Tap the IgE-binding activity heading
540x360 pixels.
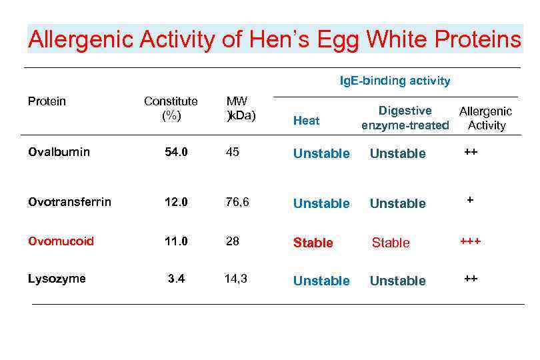[395, 81]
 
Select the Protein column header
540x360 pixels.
[47, 101]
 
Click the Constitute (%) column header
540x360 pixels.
[171, 108]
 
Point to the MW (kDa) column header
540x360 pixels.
[240, 108]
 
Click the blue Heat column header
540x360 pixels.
[307, 121]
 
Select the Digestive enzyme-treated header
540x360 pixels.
[405, 118]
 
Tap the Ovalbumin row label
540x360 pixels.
[59, 152]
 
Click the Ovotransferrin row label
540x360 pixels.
[69, 201]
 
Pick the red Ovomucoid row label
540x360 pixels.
[61, 241]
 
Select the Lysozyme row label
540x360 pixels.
[57, 279]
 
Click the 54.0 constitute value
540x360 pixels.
[176, 153]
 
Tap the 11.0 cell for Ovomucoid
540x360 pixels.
[176, 241]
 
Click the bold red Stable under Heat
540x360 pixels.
[313, 243]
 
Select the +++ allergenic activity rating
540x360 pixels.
[470, 241]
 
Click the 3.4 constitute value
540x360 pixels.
[176, 279]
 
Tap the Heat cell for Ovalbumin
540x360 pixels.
[321, 154]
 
